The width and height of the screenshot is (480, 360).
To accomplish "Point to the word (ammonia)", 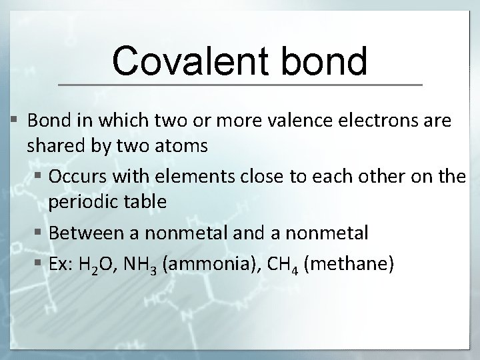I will coord(204,264).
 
